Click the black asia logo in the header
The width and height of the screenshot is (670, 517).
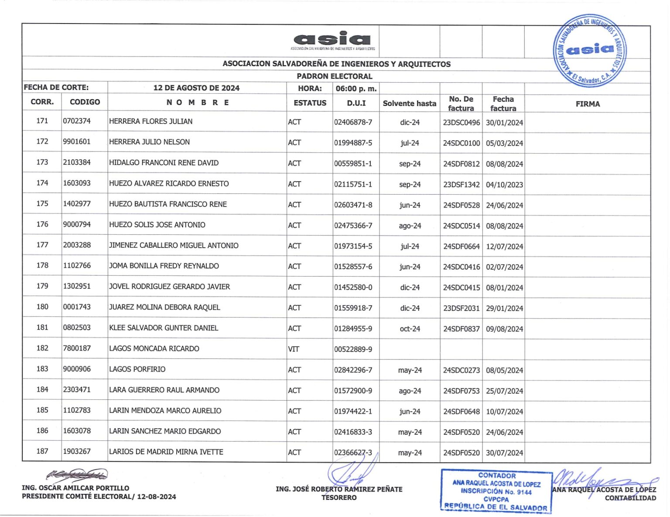332,39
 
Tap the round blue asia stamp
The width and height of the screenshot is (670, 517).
590,50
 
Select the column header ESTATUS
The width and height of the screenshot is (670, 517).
310,103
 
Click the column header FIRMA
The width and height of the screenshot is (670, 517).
588,104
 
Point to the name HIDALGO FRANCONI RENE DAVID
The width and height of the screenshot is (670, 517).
164,163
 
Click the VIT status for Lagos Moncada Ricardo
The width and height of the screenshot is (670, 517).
294,349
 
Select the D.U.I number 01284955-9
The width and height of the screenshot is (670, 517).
353,328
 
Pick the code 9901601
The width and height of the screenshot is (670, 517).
77,142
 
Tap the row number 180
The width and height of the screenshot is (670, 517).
42,307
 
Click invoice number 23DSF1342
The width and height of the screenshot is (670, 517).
461,184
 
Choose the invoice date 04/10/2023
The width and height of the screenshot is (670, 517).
504,184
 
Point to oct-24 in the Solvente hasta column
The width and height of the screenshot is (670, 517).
410,329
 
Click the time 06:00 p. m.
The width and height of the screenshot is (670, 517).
356,88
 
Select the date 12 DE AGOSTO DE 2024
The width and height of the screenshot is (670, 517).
196,88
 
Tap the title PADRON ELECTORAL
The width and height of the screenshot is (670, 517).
335,76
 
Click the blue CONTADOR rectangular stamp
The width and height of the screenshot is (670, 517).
496,491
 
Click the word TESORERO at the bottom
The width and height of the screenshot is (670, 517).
339,497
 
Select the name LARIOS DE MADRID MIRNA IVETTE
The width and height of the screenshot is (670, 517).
166,452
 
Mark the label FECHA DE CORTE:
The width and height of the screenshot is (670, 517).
56,88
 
